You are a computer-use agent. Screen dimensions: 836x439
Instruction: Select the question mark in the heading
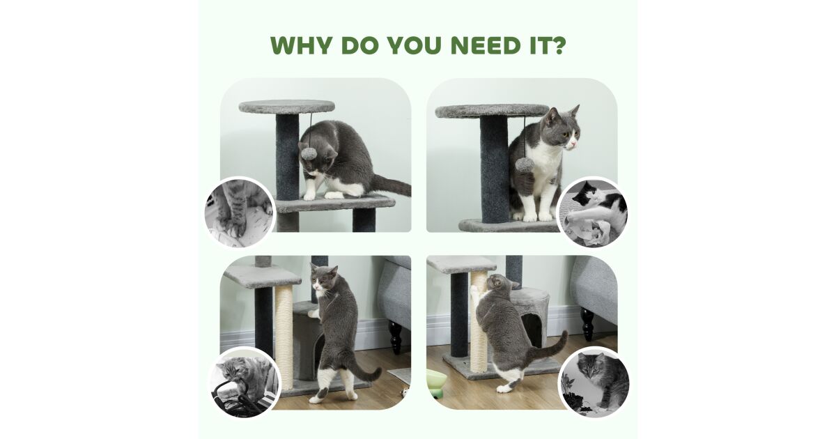coord(557,45)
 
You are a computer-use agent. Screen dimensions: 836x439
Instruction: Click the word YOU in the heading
coord(413,45)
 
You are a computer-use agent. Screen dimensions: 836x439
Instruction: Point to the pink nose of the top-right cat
coord(573,144)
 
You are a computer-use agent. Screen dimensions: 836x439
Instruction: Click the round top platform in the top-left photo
coord(286,107)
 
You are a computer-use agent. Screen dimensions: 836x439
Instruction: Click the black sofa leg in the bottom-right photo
coord(587,324)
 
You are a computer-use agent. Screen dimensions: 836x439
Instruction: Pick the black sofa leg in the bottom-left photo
coord(395,337)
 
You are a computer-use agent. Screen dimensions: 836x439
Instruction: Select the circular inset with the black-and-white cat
coord(592,212)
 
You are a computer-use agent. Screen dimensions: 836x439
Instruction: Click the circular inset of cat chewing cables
coord(245,382)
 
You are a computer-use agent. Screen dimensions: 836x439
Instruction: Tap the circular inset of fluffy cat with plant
coord(594,383)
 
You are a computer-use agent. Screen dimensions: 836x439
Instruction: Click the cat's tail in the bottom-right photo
coord(551,350)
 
